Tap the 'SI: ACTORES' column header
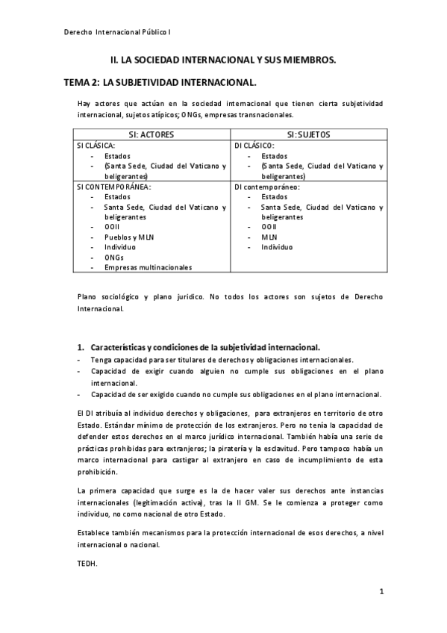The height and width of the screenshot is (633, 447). (154, 134)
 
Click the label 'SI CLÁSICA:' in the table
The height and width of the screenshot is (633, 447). (96, 146)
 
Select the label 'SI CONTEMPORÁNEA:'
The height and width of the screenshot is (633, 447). (113, 187)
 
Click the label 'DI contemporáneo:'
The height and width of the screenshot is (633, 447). (266, 187)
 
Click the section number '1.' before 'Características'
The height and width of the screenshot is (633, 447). (81, 347)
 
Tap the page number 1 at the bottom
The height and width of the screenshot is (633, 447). (381, 592)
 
